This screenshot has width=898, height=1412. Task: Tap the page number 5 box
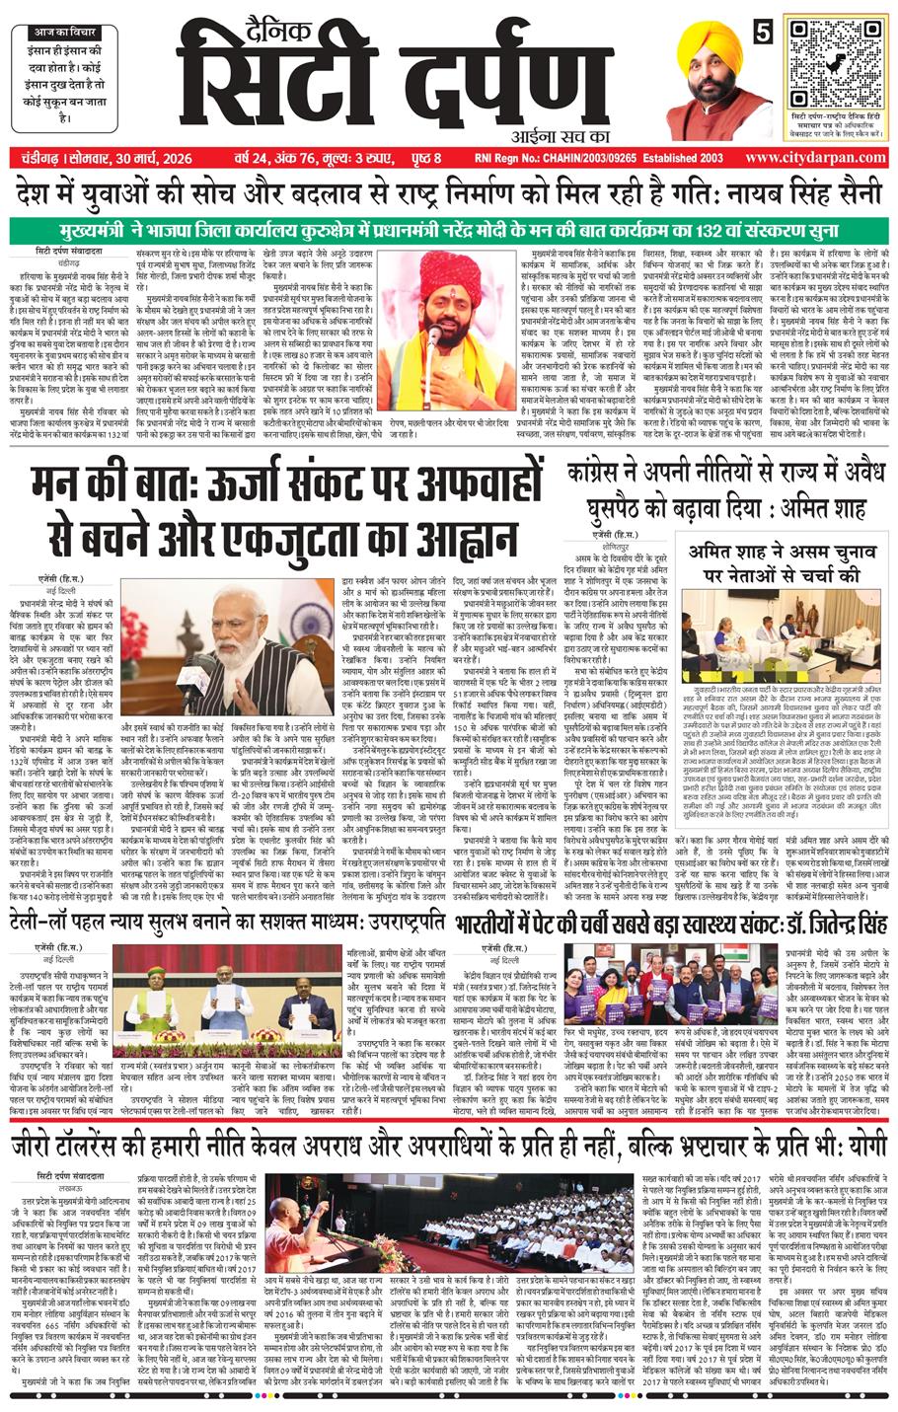point(763,31)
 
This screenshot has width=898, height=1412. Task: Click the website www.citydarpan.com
point(814,159)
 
